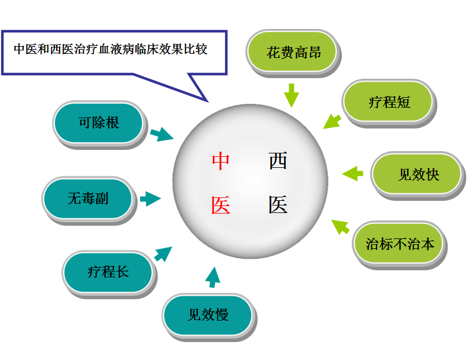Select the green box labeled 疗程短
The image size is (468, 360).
[x=389, y=102]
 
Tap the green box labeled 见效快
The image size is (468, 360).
[x=418, y=174]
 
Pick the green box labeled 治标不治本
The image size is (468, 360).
[x=400, y=244]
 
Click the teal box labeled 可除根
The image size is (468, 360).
[x=98, y=123]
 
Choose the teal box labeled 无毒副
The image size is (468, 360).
[x=87, y=199]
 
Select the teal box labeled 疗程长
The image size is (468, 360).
[x=108, y=271]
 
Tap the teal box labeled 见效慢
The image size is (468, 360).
[x=208, y=315]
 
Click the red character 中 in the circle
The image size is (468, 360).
[x=220, y=161]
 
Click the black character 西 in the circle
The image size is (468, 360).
[x=278, y=161]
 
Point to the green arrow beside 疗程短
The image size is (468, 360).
[x=332, y=120]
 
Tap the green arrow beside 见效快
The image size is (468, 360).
[x=352, y=173]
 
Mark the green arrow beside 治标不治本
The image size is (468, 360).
[x=341, y=226]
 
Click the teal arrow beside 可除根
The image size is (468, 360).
[x=162, y=134]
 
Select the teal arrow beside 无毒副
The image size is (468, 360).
[x=150, y=199]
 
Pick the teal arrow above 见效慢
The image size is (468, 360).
[x=213, y=277]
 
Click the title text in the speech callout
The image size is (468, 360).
[x=110, y=49]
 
